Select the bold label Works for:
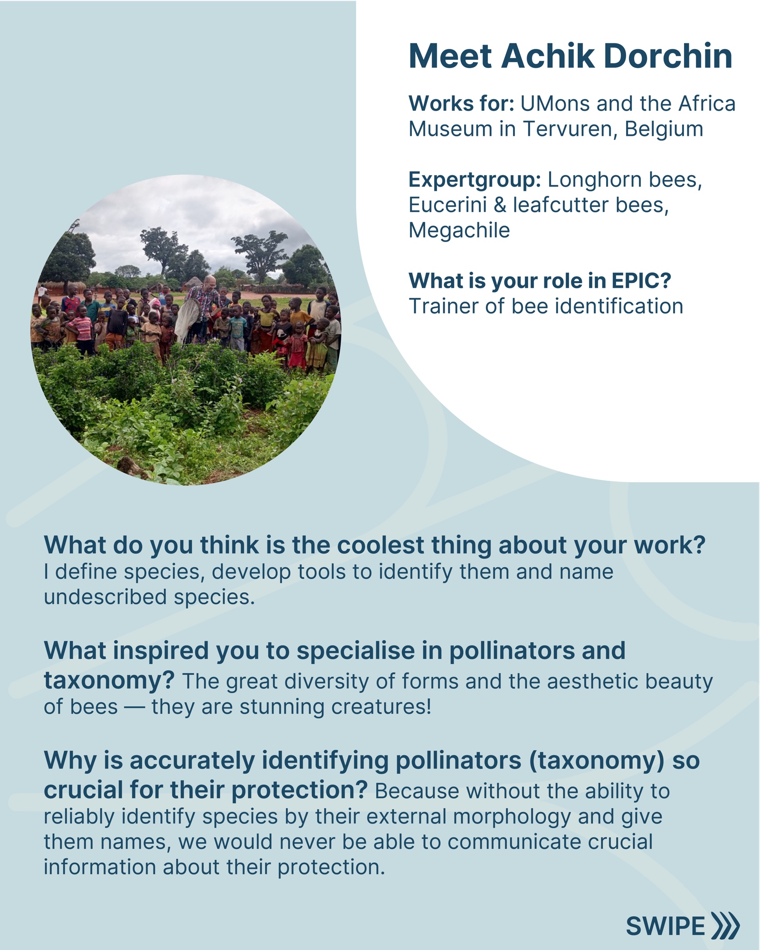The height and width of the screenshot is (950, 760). click(x=461, y=103)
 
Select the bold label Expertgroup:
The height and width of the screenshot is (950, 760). click(x=475, y=180)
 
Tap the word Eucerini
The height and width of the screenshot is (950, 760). click(x=448, y=205)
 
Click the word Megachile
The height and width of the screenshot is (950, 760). click(x=459, y=230)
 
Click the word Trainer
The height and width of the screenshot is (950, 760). click(x=443, y=306)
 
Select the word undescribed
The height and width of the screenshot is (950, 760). click(x=105, y=597)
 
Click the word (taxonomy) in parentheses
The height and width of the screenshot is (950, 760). click(x=597, y=760)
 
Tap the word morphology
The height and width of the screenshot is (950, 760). click(x=512, y=817)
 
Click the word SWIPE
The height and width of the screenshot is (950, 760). click(x=665, y=926)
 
